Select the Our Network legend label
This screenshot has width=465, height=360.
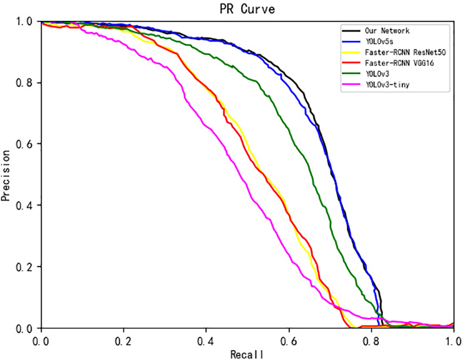[388, 31]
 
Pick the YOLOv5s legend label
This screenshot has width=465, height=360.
[380, 42]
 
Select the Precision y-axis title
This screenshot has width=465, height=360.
[6, 175]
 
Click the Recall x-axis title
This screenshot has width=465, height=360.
[248, 354]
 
